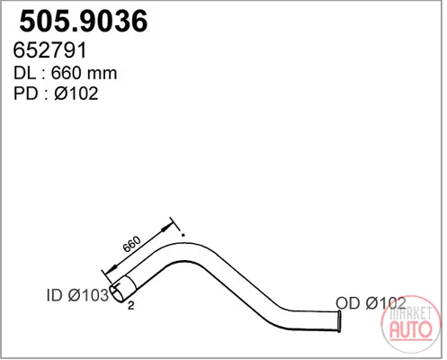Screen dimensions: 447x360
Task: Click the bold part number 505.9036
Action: tap(84, 21)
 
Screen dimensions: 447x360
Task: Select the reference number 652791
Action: tap(50, 49)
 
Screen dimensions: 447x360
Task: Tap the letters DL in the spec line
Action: tap(24, 73)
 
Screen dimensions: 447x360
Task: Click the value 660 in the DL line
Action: tap(66, 73)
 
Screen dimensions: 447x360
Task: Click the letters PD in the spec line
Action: tap(26, 94)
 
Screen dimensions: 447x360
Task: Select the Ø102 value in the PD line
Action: tap(76, 94)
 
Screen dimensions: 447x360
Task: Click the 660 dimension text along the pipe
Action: tap(131, 244)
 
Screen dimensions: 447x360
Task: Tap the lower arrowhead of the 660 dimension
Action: tap(112, 268)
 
